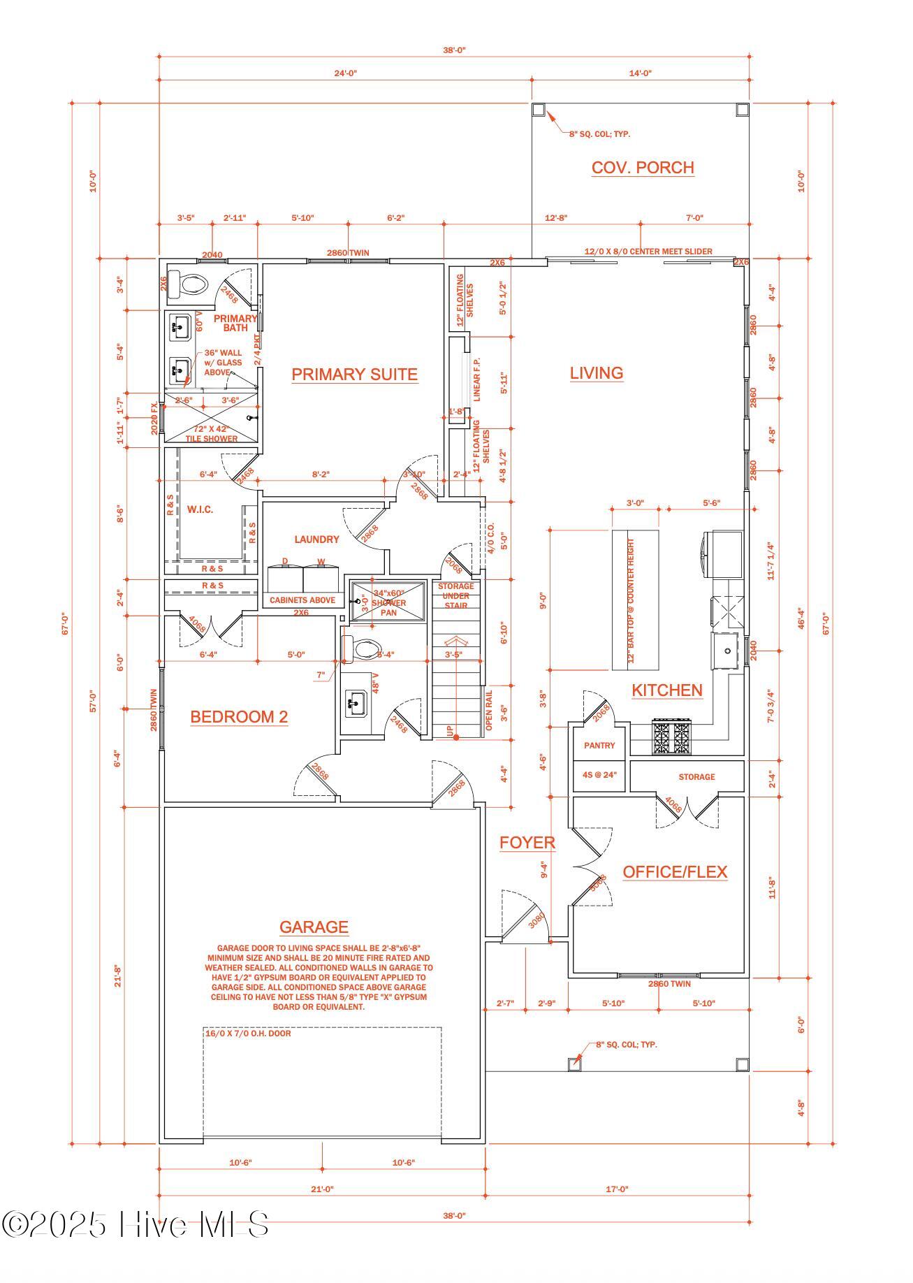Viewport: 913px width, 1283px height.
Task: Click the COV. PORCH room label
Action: coord(642,168)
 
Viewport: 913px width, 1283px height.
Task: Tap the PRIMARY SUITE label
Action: coord(354,375)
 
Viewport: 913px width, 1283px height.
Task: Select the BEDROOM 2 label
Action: coord(239,717)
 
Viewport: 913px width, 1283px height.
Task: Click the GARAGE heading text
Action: coord(314,927)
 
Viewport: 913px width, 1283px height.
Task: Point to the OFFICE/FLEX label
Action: coord(675,872)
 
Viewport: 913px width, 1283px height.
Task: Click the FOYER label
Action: coord(527,843)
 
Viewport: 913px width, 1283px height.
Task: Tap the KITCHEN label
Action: coord(666,690)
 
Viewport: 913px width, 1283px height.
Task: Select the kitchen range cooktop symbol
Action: coord(672,738)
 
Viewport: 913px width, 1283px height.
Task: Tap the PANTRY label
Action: coord(599,746)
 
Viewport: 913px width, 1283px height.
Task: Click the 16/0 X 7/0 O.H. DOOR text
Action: coord(248,1033)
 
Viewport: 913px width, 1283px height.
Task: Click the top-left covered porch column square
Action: coord(538,110)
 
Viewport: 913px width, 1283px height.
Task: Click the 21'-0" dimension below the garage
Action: coord(322,1189)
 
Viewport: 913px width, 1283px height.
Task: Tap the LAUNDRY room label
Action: coord(316,539)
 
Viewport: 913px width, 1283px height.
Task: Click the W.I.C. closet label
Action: coord(200,509)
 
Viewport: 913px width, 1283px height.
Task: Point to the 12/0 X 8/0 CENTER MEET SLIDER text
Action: coord(648,252)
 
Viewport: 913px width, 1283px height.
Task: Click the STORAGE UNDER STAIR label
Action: coord(455,595)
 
